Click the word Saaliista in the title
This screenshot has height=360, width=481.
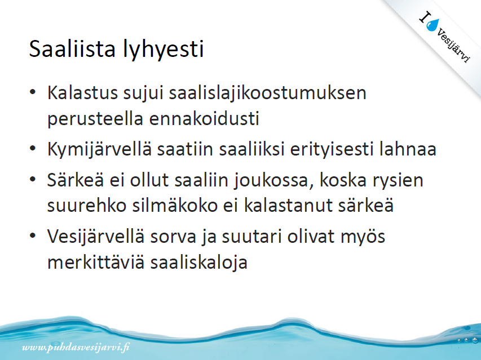tap(72, 48)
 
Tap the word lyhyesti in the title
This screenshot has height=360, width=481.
tap(163, 50)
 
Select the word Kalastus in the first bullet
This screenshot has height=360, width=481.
tap(82, 92)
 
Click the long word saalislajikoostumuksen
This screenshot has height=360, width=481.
tap(268, 94)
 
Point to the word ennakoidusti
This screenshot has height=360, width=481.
tap(204, 118)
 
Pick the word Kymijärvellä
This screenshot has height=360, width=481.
tap(99, 150)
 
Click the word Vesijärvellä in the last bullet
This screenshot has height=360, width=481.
tap(96, 237)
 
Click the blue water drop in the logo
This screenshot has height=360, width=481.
tap(433, 25)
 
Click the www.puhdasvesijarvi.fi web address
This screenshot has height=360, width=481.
tap(76, 347)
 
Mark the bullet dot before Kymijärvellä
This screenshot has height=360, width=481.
tap(33, 149)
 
